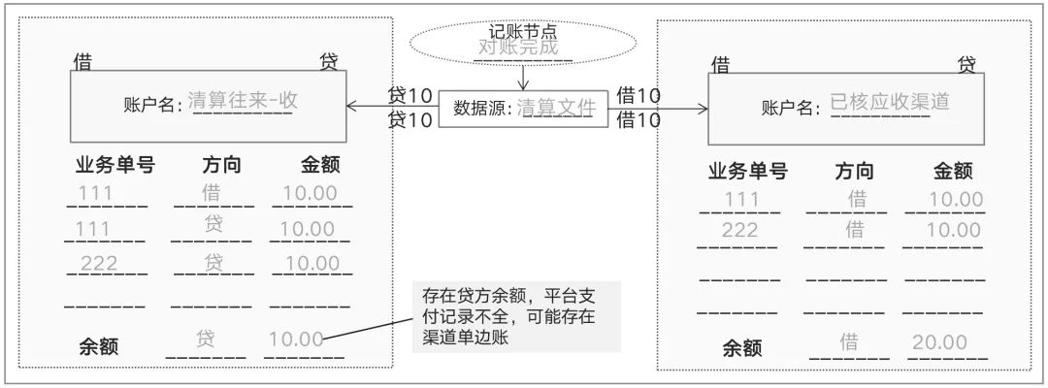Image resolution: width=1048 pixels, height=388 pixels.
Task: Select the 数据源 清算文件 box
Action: point(524,108)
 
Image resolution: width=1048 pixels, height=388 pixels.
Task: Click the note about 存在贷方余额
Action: point(516,316)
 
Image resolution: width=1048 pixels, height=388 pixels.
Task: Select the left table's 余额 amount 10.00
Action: point(296,339)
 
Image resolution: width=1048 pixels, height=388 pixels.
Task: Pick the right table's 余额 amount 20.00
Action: point(939,342)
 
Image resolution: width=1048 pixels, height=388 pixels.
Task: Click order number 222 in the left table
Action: point(99,264)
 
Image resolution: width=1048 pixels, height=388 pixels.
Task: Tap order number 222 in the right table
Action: point(740,230)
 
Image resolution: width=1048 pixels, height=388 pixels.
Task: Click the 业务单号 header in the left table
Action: point(115,165)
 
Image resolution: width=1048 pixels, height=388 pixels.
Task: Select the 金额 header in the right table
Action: point(953,172)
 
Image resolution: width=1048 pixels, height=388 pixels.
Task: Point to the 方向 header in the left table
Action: point(222,165)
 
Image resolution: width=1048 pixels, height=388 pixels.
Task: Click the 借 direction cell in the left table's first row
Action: point(213,192)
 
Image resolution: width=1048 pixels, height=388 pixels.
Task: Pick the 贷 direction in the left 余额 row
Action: point(205,339)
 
